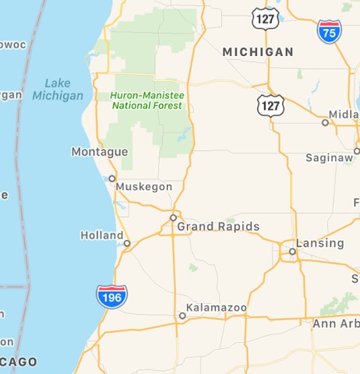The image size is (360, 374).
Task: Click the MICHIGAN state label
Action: [258, 52]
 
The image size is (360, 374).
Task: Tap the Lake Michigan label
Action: [58, 90]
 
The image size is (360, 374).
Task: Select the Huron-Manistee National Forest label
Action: [147, 101]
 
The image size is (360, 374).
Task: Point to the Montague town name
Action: [99, 152]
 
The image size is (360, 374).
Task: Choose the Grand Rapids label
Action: [218, 228]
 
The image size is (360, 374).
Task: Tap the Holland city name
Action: [101, 235]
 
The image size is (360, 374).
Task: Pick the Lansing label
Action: [320, 244]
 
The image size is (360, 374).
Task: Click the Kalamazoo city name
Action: [217, 309]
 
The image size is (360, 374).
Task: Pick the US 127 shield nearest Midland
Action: [272, 104]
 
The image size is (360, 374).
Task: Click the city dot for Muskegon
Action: [111, 178]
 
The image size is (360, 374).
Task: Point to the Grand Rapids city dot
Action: [173, 217]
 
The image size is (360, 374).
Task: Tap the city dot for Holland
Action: [127, 243]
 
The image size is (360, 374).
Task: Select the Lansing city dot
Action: [292, 252]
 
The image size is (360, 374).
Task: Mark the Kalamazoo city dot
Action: [182, 316]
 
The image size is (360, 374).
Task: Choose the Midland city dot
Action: [326, 122]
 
